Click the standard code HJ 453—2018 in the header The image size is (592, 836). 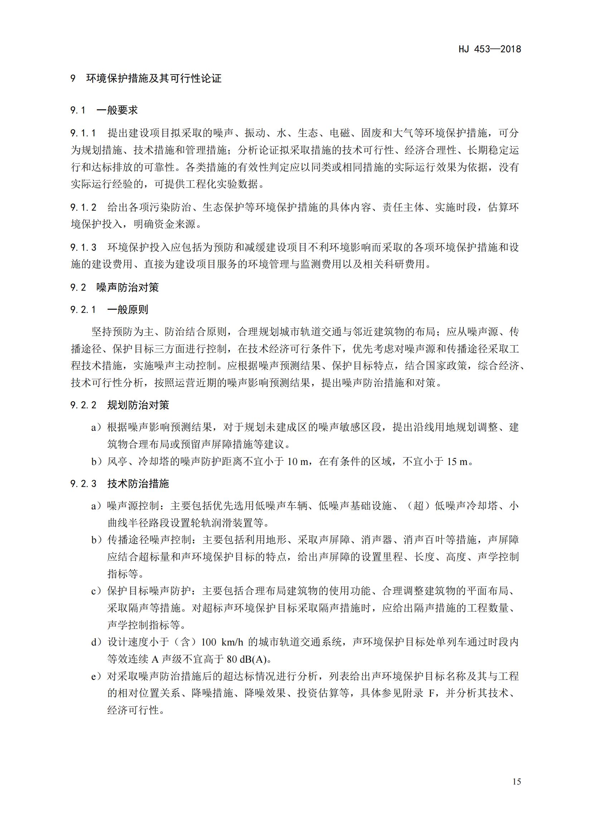coord(490,49)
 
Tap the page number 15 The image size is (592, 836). coord(516,781)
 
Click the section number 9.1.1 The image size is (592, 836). coord(83,133)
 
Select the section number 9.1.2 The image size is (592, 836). coord(83,208)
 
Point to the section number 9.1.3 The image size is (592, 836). coord(83,248)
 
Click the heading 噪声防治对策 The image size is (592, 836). coord(127,288)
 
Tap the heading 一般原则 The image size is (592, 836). coord(127,310)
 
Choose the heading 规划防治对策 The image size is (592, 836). coord(138,405)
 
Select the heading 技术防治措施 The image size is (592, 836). coord(138,484)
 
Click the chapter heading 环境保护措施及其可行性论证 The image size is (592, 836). coord(154,79)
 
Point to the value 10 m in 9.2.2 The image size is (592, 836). coord(298,462)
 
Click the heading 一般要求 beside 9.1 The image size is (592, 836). coord(117,110)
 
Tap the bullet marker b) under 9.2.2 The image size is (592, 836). coord(96,462)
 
